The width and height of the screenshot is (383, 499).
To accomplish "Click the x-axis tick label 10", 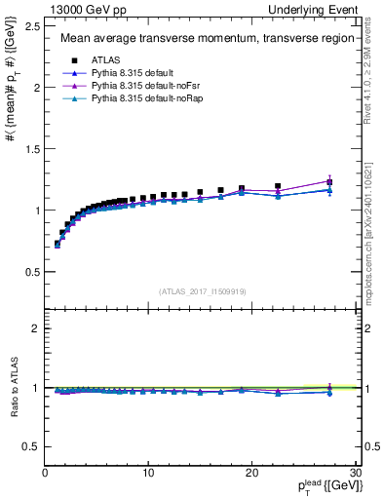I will coord(147,473).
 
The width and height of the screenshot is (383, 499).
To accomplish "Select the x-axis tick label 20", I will coord(251,473).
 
